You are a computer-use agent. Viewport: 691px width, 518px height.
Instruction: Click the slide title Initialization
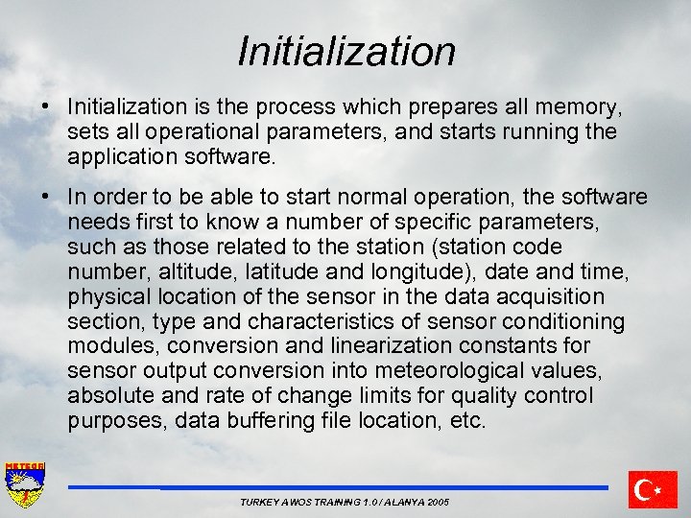(345, 51)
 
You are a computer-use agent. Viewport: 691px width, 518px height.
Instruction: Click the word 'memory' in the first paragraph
(579, 106)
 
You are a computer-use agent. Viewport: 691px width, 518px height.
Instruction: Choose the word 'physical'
(107, 296)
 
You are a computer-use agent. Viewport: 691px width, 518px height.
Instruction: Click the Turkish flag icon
(653, 489)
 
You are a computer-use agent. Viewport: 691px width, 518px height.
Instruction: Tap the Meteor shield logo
(25, 485)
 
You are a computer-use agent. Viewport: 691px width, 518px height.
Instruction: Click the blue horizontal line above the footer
(337, 487)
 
